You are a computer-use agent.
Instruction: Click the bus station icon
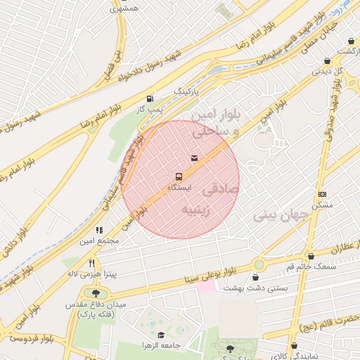pos(179,176)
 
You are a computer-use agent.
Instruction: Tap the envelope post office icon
pos(194,157)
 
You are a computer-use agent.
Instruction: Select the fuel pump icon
pos(149,98)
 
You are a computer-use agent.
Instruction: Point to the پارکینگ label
pos(186,91)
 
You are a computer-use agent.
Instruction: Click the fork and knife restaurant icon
pos(91,263)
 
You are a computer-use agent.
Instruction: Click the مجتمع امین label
pos(99,241)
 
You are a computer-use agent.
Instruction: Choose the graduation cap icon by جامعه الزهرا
pos(160,335)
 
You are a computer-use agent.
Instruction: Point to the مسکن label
pos(323,205)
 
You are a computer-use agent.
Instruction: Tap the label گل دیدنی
pos(327,71)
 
